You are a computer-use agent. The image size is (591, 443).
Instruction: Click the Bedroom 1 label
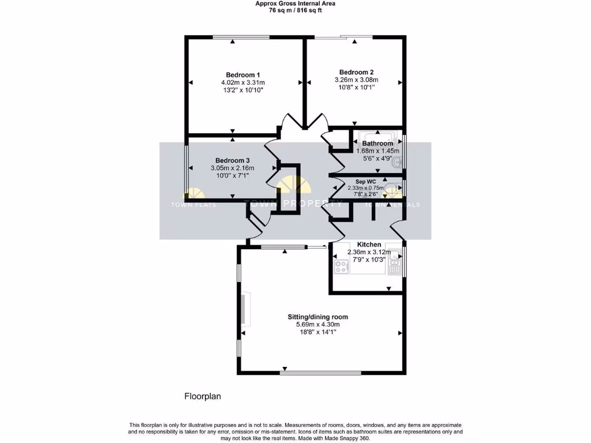pos(242,75)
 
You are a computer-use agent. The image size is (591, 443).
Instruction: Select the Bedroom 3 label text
pos(233,160)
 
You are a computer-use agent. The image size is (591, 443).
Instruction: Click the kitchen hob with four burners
pos(341,267)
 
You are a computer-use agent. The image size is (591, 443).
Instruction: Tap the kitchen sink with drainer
pos(394,268)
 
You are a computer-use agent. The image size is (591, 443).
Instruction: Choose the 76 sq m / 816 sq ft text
pos(295,10)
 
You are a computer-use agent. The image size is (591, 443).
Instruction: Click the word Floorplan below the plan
pos(203,396)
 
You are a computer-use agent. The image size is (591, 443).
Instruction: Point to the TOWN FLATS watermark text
pos(193,205)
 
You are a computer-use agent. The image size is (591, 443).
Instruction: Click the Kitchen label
pos(369,245)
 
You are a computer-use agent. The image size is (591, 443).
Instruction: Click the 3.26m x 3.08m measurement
pos(356,80)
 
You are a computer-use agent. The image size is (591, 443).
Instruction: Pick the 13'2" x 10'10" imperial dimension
pos(242,90)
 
